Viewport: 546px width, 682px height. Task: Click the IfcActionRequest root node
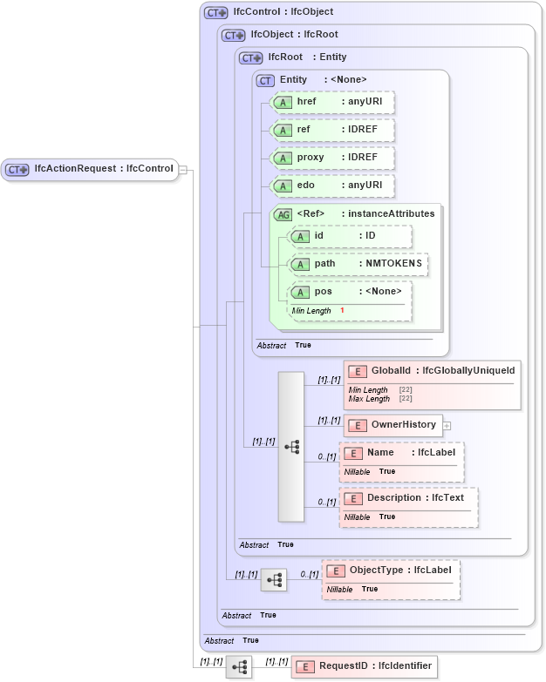[x=91, y=169]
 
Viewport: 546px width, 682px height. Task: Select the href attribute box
[x=332, y=102]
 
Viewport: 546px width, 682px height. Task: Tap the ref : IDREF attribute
[x=332, y=130]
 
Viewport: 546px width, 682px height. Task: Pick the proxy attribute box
[x=332, y=158]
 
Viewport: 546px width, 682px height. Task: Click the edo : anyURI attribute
[x=332, y=186]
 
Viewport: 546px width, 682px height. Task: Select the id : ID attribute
[x=350, y=236]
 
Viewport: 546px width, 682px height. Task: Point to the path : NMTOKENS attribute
[x=358, y=264]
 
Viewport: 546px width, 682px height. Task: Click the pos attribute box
[x=350, y=292]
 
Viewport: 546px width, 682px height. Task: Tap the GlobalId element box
[x=433, y=371]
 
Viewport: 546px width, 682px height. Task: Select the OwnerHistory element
[x=393, y=425]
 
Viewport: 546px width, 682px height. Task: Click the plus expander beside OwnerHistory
[x=447, y=425]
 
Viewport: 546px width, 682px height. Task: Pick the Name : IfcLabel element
[x=401, y=453]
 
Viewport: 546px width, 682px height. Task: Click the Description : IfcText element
[x=408, y=497]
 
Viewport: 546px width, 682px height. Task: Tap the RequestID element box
[x=365, y=666]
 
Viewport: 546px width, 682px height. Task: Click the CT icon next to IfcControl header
[x=215, y=13]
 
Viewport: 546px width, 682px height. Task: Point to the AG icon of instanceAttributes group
[x=283, y=214]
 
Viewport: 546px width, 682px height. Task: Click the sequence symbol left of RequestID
[x=239, y=667]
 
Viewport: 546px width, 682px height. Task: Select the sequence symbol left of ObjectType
[x=274, y=578]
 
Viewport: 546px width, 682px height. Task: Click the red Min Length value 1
[x=342, y=311]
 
